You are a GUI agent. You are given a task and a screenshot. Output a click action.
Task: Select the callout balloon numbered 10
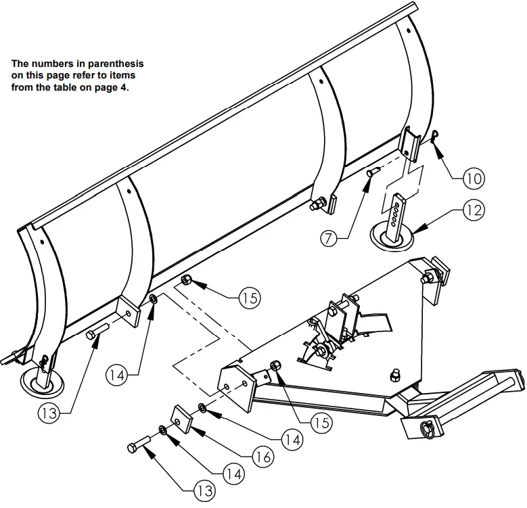(474, 179)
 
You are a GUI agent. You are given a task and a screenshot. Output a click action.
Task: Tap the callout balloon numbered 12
(474, 210)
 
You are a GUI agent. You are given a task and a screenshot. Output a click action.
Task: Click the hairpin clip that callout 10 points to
(436, 137)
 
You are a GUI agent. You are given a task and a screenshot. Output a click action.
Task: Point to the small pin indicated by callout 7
(371, 174)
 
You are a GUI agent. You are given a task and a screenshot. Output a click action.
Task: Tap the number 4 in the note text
(122, 86)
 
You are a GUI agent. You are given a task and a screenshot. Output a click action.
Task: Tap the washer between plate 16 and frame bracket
(202, 408)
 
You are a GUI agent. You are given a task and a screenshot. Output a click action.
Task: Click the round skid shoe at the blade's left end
(41, 383)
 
